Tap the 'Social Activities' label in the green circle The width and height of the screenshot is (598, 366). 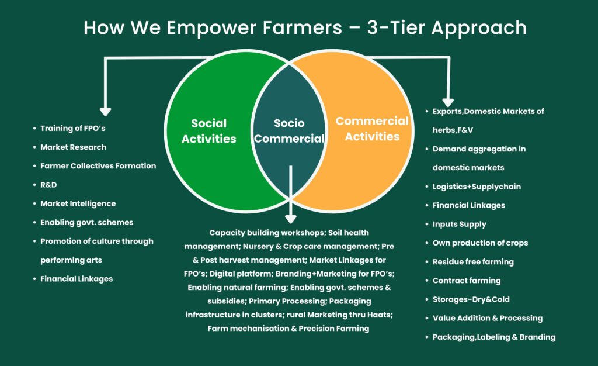coord(208,131)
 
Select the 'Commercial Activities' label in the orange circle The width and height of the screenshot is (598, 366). coord(372,129)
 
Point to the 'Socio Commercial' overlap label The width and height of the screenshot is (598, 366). coord(289,130)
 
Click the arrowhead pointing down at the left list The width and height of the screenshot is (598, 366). coord(105,112)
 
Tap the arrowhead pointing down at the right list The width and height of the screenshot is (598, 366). coord(448,103)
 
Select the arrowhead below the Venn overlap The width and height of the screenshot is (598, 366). coord(291,219)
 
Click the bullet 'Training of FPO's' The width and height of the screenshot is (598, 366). coord(73,128)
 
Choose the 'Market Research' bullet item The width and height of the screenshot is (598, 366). coord(73,147)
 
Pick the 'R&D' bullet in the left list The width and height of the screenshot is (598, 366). coord(48,185)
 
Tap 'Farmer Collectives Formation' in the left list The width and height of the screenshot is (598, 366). coord(98,166)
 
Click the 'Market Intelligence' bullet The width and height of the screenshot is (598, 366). coord(78,204)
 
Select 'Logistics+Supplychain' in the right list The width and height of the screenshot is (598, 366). coord(477,187)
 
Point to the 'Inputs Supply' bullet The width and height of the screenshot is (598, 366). coord(459,225)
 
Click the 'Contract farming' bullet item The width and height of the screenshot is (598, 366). coord(467,281)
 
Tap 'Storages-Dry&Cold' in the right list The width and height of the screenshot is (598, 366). coord(471,299)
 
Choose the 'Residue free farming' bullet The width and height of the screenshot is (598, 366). coord(473,262)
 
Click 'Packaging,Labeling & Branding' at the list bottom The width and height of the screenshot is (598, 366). coord(494,337)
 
